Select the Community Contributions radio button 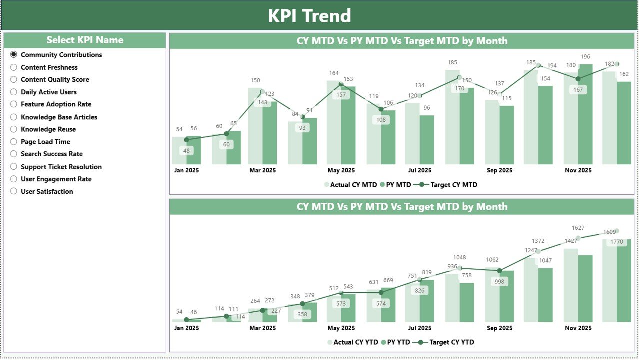(14, 55)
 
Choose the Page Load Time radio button (14, 142)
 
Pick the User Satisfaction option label (47, 191)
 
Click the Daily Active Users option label (48, 92)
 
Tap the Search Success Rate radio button (14, 154)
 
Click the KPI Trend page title (309, 16)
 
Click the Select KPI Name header (85, 40)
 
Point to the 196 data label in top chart (585, 57)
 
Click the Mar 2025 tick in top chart (262, 170)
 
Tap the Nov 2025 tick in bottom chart (578, 328)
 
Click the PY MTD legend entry (395, 185)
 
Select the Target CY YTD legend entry (447, 342)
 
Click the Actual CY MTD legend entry (350, 185)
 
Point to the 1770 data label (616, 242)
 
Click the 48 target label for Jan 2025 (187, 150)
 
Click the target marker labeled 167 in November (578, 79)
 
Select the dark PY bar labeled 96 (426, 140)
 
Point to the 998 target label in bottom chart (499, 282)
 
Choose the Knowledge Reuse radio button (14, 129)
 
